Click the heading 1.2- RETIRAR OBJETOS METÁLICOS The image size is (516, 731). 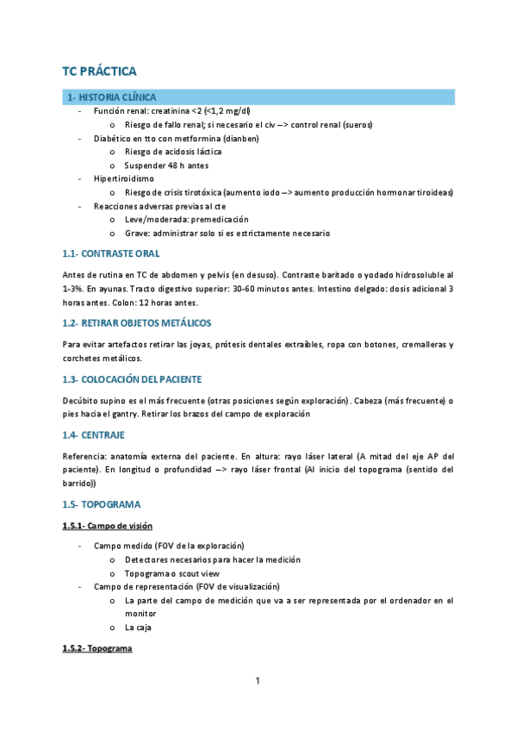(x=137, y=322)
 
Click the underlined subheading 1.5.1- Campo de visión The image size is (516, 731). (x=109, y=525)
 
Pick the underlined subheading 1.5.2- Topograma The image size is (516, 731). (x=97, y=647)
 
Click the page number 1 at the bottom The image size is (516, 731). (x=258, y=682)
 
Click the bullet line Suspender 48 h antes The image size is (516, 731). (x=166, y=165)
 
